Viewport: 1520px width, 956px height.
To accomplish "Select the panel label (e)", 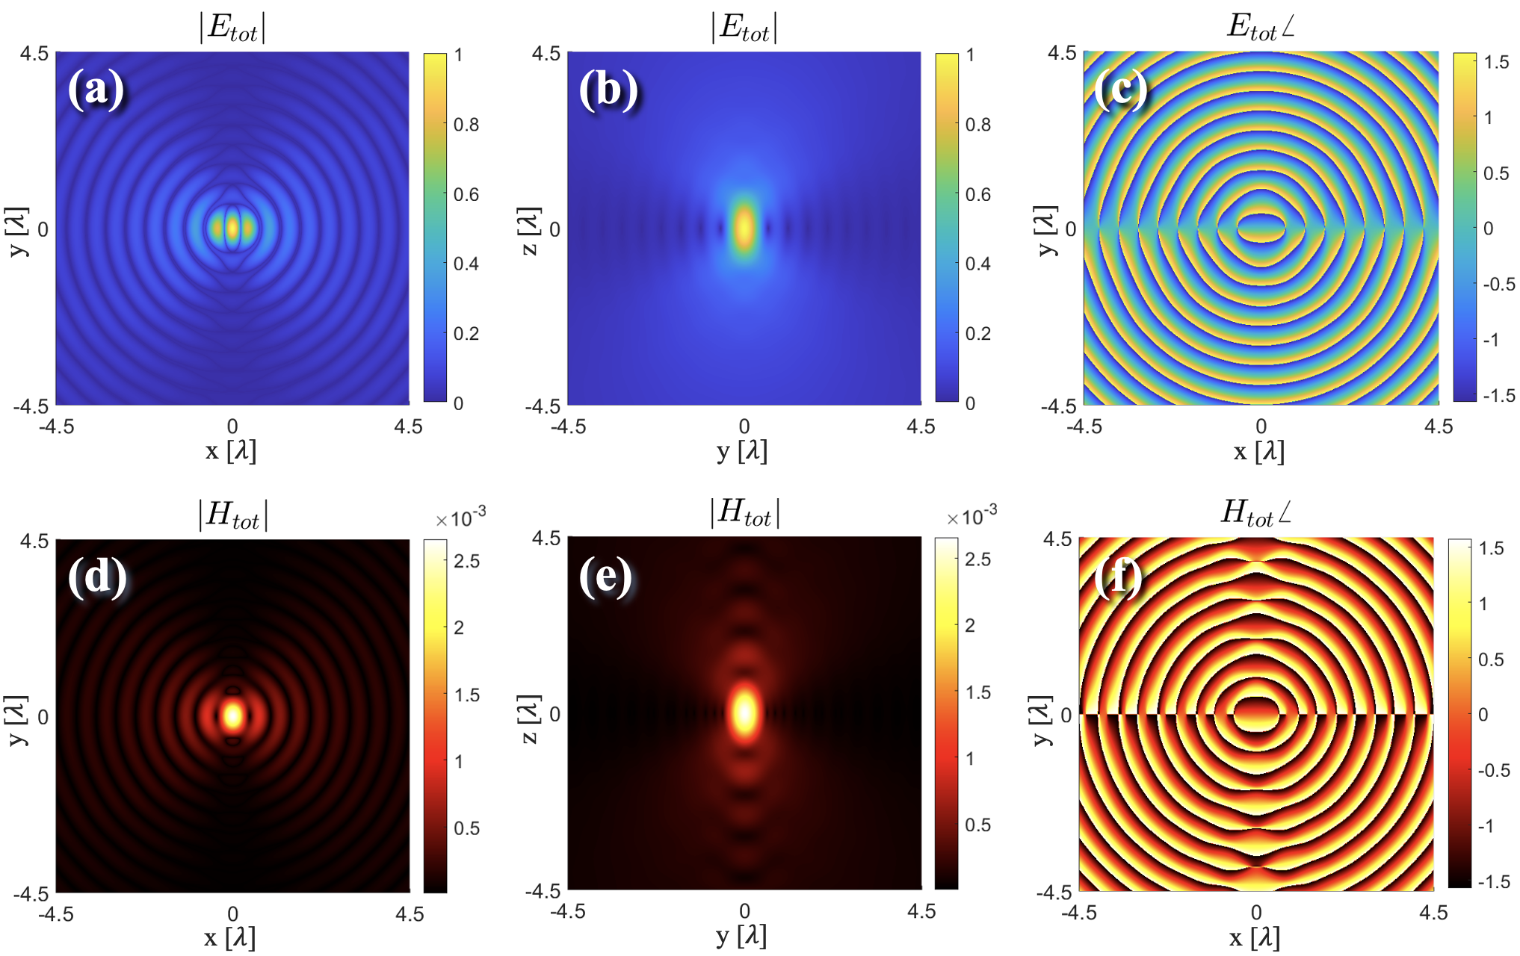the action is click(606, 577).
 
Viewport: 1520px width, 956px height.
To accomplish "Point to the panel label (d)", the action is click(97, 577).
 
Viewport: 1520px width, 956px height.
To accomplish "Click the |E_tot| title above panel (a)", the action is click(232, 28).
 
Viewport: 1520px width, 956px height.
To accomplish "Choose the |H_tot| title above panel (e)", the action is click(744, 514).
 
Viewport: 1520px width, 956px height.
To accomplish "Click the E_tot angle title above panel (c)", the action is click(1261, 27).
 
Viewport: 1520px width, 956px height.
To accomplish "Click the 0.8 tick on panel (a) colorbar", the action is click(466, 125).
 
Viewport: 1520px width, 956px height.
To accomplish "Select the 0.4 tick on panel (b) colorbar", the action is click(978, 264).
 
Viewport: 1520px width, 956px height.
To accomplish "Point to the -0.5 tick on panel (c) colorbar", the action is click(1499, 285).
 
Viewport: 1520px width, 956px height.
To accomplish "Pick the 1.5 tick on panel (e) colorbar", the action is click(978, 692).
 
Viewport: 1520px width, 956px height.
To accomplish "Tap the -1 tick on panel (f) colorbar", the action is click(1487, 826).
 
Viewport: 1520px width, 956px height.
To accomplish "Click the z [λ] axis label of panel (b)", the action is click(529, 231).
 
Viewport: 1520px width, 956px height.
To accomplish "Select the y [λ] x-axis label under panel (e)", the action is click(741, 937).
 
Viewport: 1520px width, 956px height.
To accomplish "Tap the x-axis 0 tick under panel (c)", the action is click(1261, 426).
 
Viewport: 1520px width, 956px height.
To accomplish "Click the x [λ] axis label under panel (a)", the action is click(231, 451).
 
